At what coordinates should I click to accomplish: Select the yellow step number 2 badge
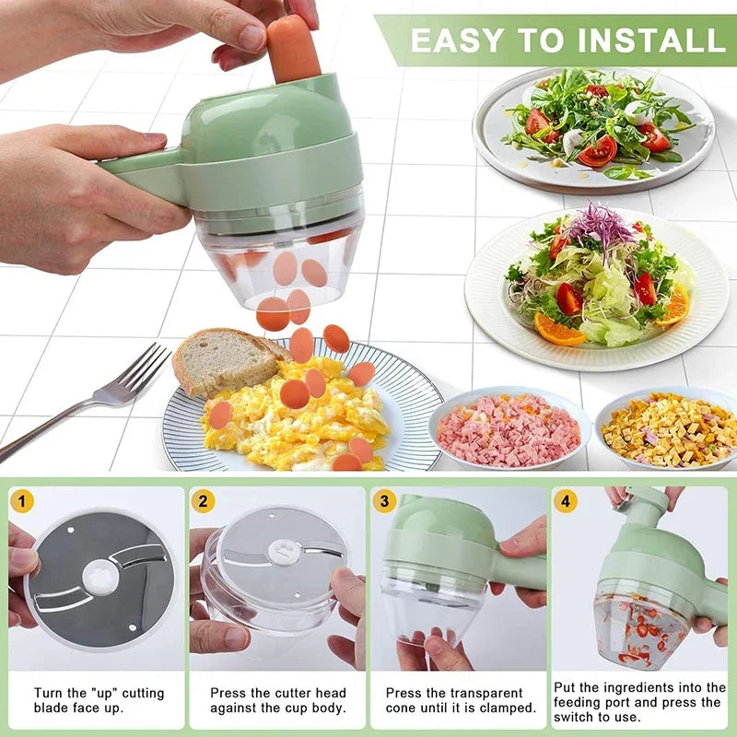click(204, 502)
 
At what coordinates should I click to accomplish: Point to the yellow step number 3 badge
click(385, 502)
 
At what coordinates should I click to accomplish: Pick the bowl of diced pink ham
click(509, 429)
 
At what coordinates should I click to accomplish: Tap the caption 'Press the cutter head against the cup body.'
click(278, 700)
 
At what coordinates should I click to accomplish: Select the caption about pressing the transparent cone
click(461, 700)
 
